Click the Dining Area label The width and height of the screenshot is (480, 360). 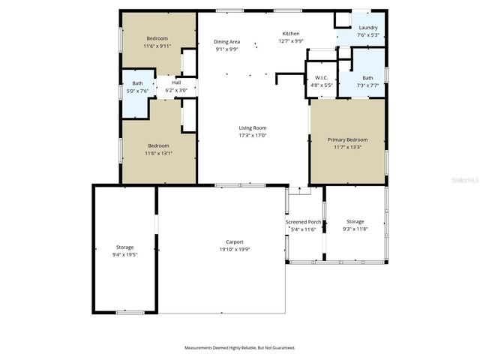[227, 42]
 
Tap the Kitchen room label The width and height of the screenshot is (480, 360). [290, 34]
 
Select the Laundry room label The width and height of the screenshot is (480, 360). [368, 28]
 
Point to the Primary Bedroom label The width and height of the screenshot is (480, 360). [347, 139]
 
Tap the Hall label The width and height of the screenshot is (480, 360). [176, 82]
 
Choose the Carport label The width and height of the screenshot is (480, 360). [235, 241]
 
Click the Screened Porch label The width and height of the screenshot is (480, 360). [303, 222]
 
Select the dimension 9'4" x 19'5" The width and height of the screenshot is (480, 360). [124, 254]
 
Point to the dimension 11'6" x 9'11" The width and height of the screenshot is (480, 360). [157, 46]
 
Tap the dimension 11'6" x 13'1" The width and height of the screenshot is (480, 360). [158, 153]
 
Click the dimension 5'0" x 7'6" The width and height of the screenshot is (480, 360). [137, 91]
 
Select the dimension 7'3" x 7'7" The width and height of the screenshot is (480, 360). [367, 85]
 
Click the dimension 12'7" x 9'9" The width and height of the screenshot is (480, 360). [290, 41]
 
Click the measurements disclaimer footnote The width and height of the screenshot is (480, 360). [240, 348]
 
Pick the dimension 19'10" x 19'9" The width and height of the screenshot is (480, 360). [235, 249]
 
